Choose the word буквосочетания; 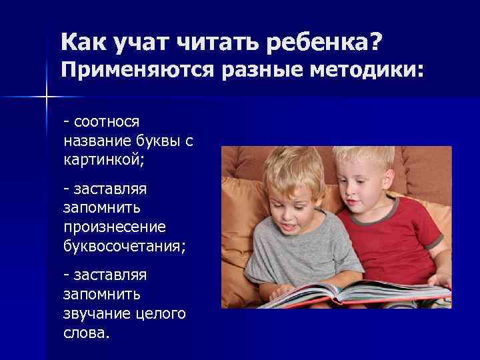125,247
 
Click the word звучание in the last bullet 96,313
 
